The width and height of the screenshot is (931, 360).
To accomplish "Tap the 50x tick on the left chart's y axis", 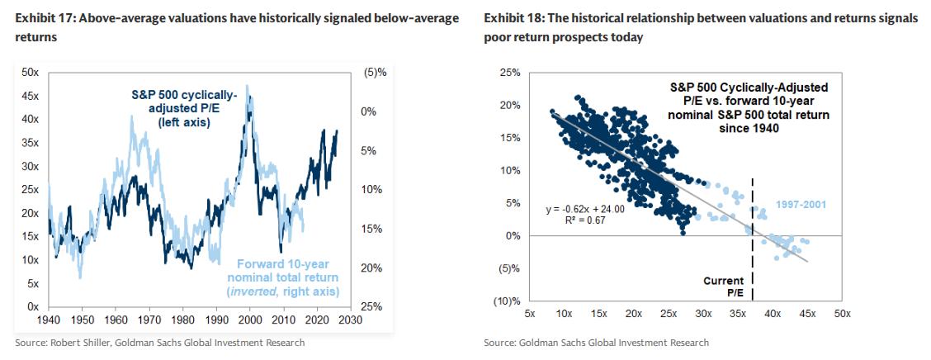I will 31,73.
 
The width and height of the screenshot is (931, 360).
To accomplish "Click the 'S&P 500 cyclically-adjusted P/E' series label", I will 184,108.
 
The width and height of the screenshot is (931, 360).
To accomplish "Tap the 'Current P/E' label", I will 723,287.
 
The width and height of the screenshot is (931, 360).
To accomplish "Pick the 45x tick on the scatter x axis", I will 807,315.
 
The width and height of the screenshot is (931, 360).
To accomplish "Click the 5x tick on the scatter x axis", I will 531,315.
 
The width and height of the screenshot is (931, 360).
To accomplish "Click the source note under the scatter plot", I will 596,343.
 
